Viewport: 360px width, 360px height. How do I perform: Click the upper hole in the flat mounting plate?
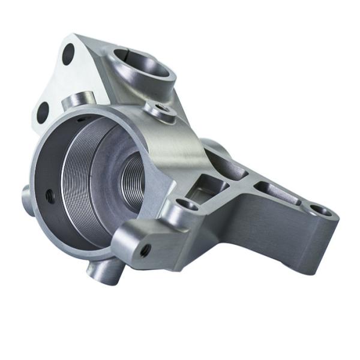68,55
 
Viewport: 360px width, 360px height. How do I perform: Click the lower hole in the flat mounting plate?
43,112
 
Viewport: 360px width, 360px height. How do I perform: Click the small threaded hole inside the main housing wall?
49,194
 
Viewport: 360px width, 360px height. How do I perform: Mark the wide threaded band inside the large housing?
78,180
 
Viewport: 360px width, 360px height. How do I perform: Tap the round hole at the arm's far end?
320,211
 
